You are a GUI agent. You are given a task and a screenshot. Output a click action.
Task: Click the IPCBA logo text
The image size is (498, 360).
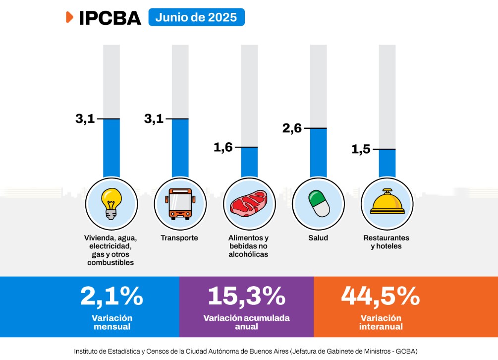coord(110,18)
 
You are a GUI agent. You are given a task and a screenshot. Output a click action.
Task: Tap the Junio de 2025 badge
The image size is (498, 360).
coord(196,17)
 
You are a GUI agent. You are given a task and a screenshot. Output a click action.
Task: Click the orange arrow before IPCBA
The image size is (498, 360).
coord(69,17)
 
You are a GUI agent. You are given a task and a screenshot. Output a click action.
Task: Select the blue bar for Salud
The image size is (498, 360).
coord(318,153)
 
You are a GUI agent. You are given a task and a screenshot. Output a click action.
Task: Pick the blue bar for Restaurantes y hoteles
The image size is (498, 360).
coord(387,163)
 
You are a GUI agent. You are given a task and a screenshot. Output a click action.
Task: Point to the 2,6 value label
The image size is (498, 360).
coord(292,128)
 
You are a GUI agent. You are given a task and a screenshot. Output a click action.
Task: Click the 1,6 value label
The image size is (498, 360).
coord(223,147)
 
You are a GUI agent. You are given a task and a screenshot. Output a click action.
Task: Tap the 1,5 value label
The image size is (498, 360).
coord(361,149)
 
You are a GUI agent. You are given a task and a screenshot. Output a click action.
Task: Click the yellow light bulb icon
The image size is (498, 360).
coord(111,204)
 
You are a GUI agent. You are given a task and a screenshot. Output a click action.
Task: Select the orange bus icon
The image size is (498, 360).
coord(180,204)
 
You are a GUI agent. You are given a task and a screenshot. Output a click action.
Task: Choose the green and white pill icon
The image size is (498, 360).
coord(319,204)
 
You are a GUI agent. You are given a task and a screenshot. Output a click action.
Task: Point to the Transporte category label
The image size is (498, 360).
coord(179,238)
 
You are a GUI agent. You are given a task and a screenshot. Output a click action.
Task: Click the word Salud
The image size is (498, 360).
coord(318,238)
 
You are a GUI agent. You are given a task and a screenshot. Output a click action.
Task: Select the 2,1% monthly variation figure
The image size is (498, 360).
coord(112,296)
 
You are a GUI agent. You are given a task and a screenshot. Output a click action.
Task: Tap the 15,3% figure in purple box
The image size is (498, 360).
coord(247,296)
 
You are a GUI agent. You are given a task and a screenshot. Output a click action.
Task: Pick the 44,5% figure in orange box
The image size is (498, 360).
coord(381,296)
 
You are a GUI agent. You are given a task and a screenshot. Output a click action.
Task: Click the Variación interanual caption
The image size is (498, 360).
coord(381,322)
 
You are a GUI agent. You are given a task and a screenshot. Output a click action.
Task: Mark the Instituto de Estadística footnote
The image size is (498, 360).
coord(245,351)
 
